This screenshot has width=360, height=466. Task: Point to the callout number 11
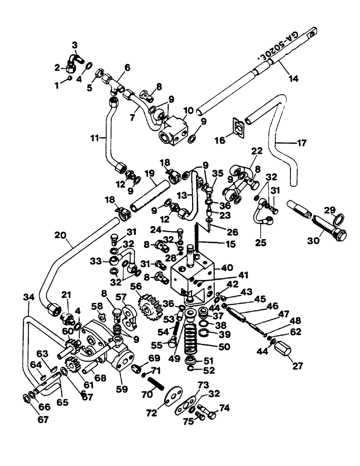point(95,139)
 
